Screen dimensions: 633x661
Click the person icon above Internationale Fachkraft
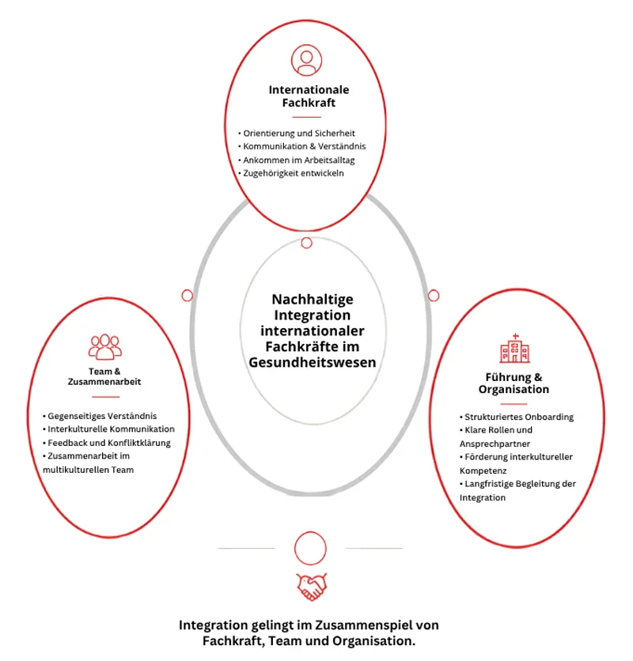click(306, 60)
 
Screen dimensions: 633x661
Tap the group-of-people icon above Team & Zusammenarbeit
click(105, 347)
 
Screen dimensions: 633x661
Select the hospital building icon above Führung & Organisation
click(514, 348)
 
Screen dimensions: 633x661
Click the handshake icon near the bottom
click(312, 587)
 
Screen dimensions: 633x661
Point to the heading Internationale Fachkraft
click(309, 96)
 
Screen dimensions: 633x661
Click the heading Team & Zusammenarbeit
click(104, 376)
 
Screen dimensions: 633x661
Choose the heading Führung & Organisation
click(514, 383)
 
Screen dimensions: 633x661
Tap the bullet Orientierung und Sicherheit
click(297, 133)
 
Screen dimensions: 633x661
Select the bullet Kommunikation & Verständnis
click(302, 146)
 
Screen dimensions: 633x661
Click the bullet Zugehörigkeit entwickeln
click(291, 173)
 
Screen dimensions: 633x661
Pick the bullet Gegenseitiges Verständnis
click(100, 416)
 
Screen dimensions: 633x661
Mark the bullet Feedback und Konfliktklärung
click(107, 443)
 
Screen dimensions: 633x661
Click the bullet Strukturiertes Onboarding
click(517, 417)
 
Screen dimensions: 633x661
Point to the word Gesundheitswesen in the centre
click(313, 363)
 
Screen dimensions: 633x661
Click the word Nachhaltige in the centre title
click(313, 300)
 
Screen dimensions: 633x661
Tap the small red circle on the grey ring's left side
click(187, 296)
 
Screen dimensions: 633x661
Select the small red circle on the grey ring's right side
click(434, 296)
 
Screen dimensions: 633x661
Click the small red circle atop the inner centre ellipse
click(307, 243)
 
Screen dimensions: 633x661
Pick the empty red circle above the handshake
click(310, 548)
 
